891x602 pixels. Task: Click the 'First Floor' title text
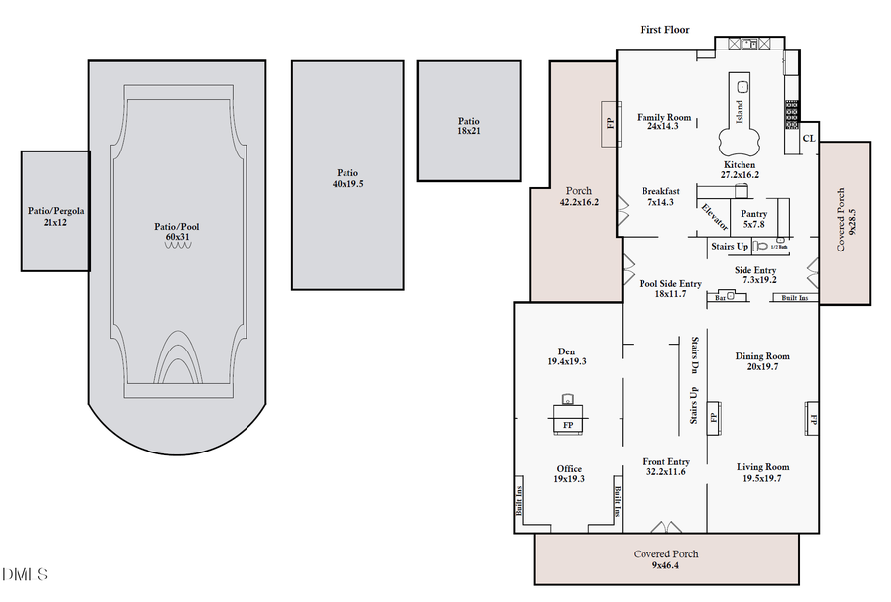pyautogui.click(x=664, y=30)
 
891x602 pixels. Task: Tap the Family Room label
pyautogui.click(x=663, y=122)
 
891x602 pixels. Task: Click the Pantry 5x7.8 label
pyautogui.click(x=754, y=219)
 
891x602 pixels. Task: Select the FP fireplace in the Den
pyautogui.click(x=568, y=425)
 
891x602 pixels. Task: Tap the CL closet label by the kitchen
pyautogui.click(x=809, y=139)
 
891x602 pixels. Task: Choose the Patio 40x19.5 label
pyautogui.click(x=347, y=178)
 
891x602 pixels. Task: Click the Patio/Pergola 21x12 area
pyautogui.click(x=55, y=216)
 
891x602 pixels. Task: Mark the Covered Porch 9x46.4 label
pyautogui.click(x=666, y=559)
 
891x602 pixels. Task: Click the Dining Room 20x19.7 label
pyautogui.click(x=762, y=361)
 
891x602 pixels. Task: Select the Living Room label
pyautogui.click(x=762, y=472)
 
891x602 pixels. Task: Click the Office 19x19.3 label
pyautogui.click(x=568, y=474)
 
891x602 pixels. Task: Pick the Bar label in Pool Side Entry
pyautogui.click(x=722, y=296)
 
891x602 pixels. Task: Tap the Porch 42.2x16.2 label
pyautogui.click(x=578, y=196)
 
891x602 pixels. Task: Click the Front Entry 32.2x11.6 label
pyautogui.click(x=664, y=467)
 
